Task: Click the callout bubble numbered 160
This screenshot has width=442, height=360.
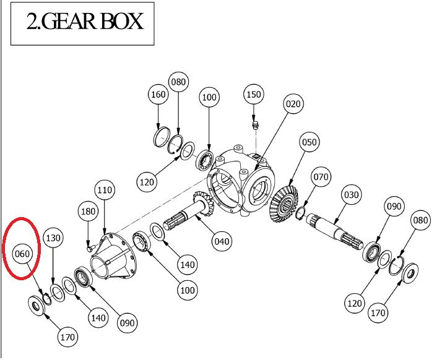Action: [158, 95]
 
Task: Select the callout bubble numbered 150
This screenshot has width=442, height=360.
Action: [254, 95]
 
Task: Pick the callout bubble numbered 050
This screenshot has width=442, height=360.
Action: [309, 142]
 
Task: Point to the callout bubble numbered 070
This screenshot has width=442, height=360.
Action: [321, 178]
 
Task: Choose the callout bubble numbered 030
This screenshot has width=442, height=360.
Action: [351, 195]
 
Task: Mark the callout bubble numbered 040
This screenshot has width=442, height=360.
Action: [221, 241]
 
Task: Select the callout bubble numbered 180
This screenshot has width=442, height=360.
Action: [89, 212]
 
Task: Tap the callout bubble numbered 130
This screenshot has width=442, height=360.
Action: [53, 238]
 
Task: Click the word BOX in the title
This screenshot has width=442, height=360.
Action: [117, 22]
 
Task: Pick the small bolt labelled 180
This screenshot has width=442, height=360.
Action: [90, 247]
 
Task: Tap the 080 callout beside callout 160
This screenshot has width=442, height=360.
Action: [179, 82]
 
